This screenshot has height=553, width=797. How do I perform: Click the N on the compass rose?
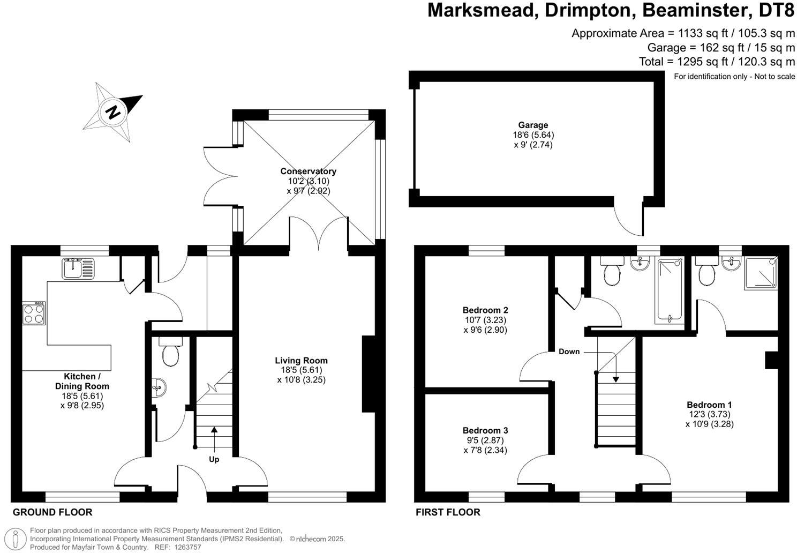112,112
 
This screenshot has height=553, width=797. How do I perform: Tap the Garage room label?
532,125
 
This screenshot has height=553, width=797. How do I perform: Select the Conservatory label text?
308,171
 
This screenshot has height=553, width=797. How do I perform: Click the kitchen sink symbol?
78,268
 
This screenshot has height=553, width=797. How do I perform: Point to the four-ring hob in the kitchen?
33,313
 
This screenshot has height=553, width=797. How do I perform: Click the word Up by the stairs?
214,459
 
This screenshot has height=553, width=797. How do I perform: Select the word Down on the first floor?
569,352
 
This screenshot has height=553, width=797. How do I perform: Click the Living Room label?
301,361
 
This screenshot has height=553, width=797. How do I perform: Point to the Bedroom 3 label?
485,430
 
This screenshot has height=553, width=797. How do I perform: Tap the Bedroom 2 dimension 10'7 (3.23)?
485,320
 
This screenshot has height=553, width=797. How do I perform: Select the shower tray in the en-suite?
760,273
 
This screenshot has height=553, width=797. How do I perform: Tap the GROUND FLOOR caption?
52,512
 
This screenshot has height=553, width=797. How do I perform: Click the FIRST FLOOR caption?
448,512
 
